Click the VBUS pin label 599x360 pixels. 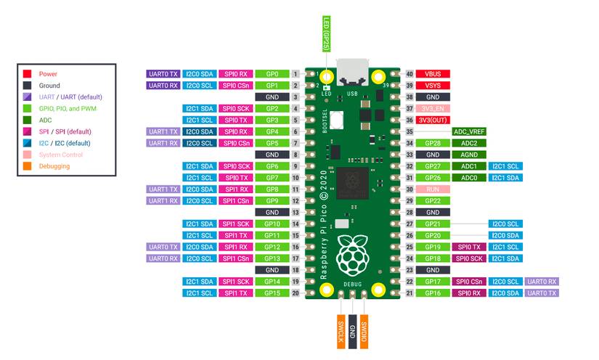[x=433, y=74]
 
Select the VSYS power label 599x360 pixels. [x=433, y=86]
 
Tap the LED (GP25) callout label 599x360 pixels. [x=327, y=33]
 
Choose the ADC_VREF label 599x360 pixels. [x=470, y=131]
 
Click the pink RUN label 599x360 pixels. [x=433, y=189]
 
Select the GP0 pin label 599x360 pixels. [x=273, y=74]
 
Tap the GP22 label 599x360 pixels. [x=433, y=200]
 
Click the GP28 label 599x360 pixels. [x=433, y=143]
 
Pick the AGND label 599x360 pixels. [x=470, y=155]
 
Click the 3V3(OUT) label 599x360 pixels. [x=433, y=120]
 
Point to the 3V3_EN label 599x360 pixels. [x=433, y=108]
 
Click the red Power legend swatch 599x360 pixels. [x=27, y=74]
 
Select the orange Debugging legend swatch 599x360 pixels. [x=27, y=166]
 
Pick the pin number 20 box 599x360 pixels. [x=296, y=292]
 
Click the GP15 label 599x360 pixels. [x=273, y=292]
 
